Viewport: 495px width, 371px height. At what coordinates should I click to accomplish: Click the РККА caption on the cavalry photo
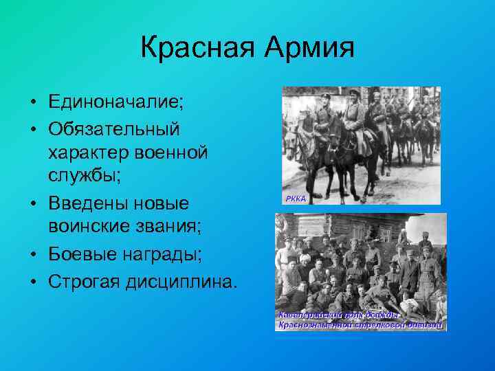[x=294, y=199]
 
